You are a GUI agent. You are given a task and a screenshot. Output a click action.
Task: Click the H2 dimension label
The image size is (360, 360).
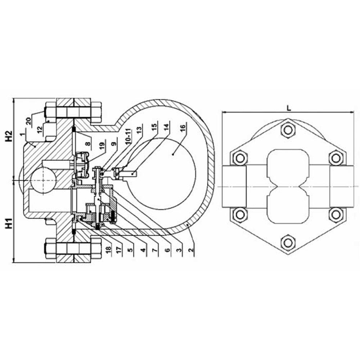tap(9, 136)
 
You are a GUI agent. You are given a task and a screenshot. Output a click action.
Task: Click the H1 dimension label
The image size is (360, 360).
tap(9, 224)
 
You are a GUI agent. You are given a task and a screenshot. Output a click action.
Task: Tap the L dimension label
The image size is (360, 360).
tap(289, 108)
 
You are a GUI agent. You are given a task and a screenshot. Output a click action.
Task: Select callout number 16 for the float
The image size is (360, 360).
tap(183, 129)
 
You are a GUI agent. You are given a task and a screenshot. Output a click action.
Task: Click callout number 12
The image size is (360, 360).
tap(40, 130)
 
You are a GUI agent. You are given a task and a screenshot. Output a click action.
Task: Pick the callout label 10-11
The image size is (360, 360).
tap(129, 136)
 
